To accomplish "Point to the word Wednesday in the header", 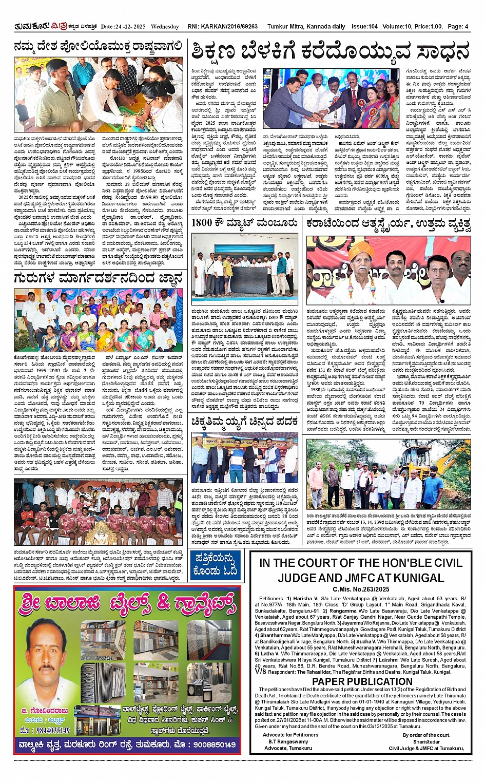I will coord(165,27).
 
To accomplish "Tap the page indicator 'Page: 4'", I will coord(458,27).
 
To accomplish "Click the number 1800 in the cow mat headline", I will coord(202,223).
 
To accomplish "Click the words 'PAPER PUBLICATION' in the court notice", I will coord(362,681).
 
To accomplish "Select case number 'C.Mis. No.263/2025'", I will coord(361,589).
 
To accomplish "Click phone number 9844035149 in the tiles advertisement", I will coord(45,730).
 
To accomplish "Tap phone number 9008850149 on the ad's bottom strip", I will coord(208,744).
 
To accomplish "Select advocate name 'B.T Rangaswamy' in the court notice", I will coord(288,741).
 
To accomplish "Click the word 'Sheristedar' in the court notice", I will coord(426,741).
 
